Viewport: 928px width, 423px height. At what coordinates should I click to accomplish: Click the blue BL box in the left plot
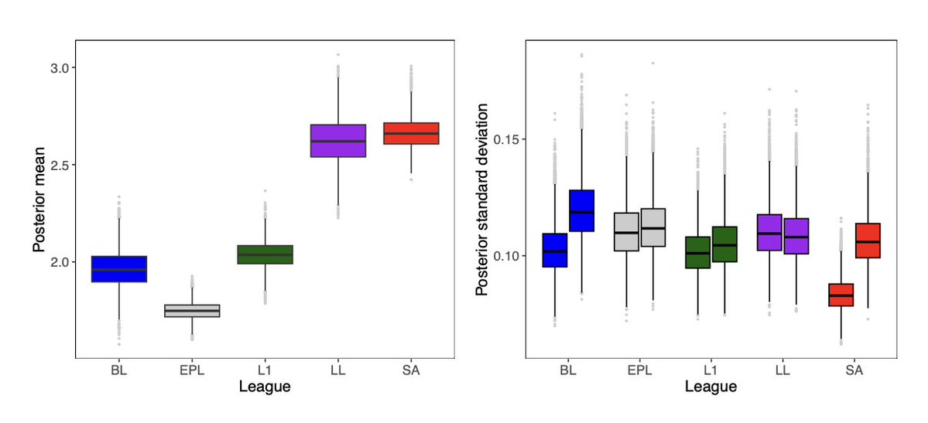coord(118,269)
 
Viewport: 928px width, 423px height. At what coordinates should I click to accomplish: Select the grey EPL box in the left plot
coord(192,310)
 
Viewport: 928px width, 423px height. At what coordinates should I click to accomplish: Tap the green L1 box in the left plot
coord(265,254)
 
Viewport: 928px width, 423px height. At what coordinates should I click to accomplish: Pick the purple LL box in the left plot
coord(338,140)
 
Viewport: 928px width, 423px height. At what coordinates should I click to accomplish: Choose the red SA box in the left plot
coord(411,133)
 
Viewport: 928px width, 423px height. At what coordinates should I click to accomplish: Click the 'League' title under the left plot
coord(265,387)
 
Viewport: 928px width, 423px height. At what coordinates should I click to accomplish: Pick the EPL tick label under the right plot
coord(639,370)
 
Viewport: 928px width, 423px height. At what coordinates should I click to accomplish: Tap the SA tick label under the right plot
coord(854,370)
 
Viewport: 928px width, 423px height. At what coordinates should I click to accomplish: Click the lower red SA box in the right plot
coord(841,295)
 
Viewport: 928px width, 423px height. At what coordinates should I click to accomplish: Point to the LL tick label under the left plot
coord(338,370)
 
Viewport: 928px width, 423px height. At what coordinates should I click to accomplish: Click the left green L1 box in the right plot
coord(698,252)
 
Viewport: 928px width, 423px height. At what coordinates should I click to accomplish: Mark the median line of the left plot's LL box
coord(338,142)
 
